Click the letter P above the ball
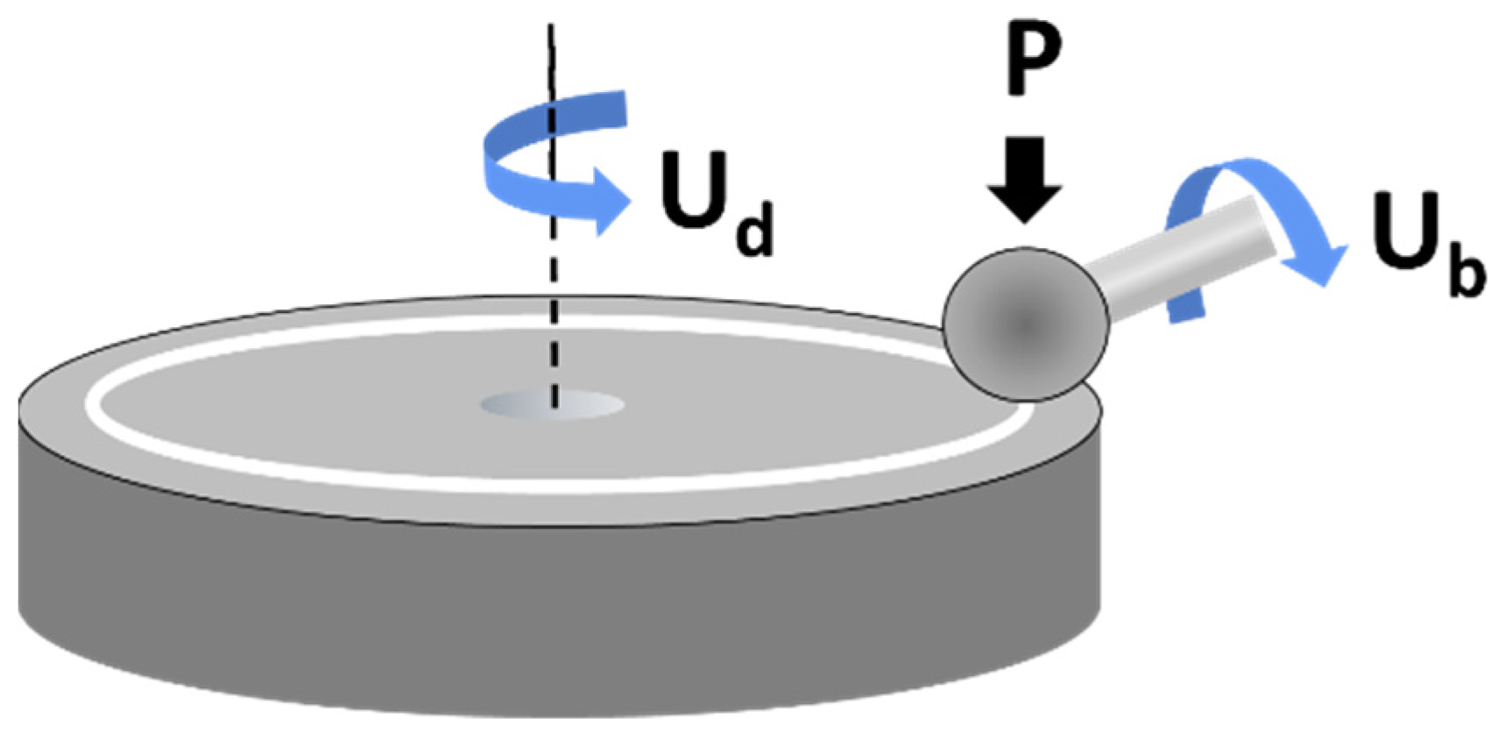[1032, 60]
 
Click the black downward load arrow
[1025, 180]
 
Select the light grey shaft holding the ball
[1174, 259]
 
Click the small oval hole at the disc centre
[552, 405]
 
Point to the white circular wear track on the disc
[561, 483]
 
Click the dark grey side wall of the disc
[561, 614]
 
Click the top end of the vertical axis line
[550, 28]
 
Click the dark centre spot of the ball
[1025, 324]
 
